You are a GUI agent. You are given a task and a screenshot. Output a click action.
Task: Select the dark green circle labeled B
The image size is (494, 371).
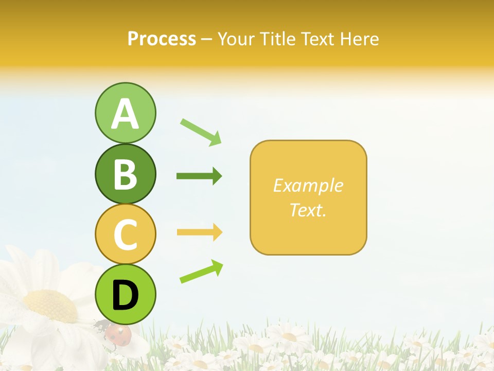(125, 174)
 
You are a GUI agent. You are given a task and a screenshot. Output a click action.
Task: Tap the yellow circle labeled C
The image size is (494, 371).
(125, 233)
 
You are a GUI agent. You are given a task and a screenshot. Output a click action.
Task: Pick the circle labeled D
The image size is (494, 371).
(125, 294)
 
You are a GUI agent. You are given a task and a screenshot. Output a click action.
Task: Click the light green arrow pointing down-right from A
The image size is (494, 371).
(201, 132)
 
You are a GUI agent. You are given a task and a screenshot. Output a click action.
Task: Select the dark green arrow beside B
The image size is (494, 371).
(199, 176)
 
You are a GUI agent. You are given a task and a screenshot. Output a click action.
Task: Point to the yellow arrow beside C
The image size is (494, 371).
(199, 232)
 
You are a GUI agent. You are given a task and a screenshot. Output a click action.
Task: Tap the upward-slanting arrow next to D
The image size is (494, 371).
(201, 272)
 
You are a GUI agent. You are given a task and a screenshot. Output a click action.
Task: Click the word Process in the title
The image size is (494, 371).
(162, 39)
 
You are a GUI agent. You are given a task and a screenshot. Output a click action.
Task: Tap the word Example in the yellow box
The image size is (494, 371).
(308, 185)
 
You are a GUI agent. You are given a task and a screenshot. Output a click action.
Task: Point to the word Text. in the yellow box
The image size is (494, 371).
(308, 210)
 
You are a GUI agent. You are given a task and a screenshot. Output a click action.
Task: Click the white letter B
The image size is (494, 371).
(125, 174)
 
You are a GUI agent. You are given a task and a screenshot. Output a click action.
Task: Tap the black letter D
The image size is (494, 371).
(125, 295)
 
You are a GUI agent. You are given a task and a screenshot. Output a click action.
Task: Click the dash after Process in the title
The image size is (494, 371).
(207, 39)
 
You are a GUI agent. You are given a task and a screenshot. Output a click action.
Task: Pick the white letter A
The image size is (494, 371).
(125, 114)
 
